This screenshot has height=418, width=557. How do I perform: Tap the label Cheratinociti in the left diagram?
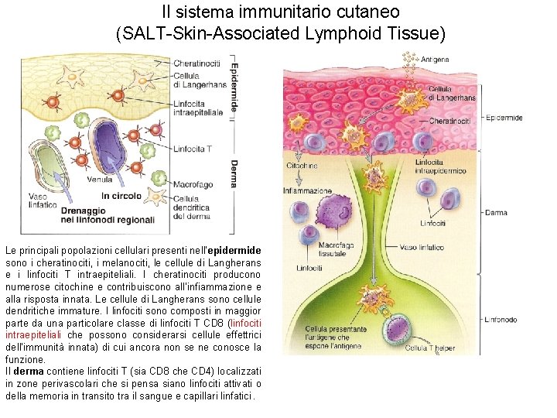[196, 62]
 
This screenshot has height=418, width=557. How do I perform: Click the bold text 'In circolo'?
[122, 196]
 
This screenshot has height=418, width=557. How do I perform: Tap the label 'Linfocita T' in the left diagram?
[191, 149]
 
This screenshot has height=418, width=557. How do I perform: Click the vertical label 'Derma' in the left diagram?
[234, 174]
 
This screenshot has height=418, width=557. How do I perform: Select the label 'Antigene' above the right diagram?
[435, 60]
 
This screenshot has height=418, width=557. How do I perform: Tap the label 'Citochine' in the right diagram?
[302, 165]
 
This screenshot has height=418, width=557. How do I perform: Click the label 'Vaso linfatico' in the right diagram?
[422, 248]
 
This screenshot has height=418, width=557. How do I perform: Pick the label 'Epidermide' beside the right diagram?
[504, 118]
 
